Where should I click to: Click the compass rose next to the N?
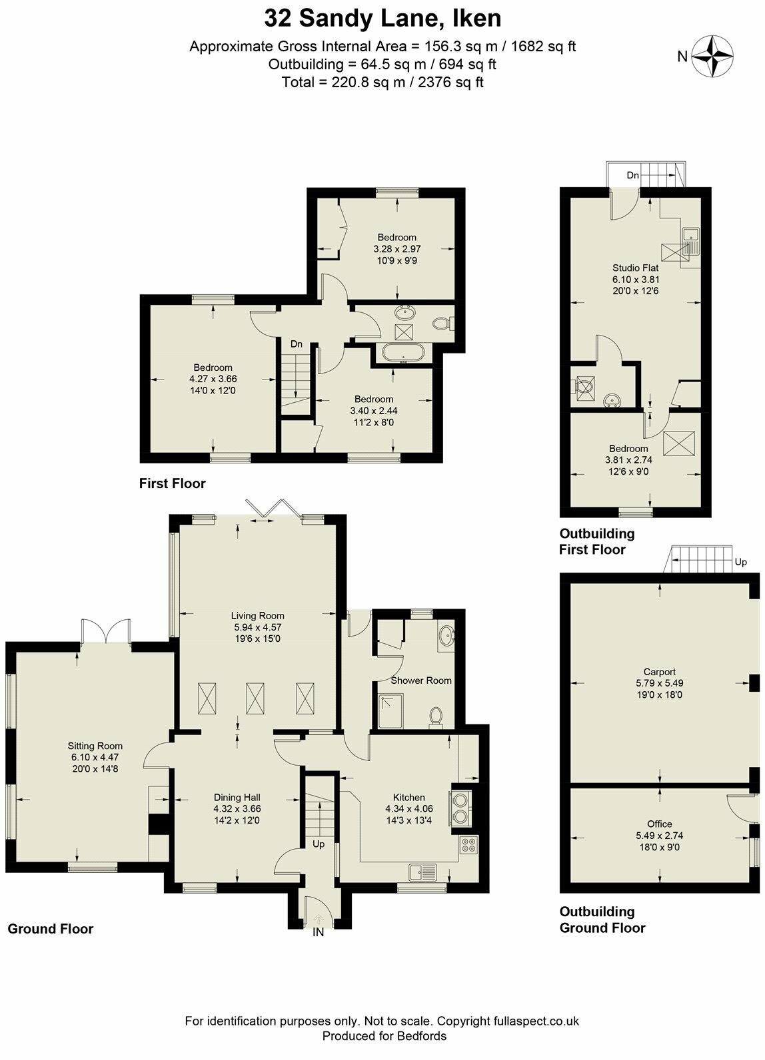tap(712, 56)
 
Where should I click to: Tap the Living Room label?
tap(258, 616)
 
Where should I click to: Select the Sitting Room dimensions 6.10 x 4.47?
tap(95, 757)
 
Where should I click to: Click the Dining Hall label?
tap(237, 798)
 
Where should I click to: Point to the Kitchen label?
tap(408, 797)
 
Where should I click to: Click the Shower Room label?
tap(420, 680)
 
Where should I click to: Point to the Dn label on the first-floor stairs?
tap(296, 344)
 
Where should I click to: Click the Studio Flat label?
tap(635, 268)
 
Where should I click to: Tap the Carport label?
tap(659, 672)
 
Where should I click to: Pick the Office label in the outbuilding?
tap(659, 824)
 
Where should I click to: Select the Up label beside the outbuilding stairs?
tap(741, 562)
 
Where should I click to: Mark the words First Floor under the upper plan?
tap(173, 483)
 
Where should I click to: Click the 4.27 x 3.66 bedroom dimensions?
tap(213, 379)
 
